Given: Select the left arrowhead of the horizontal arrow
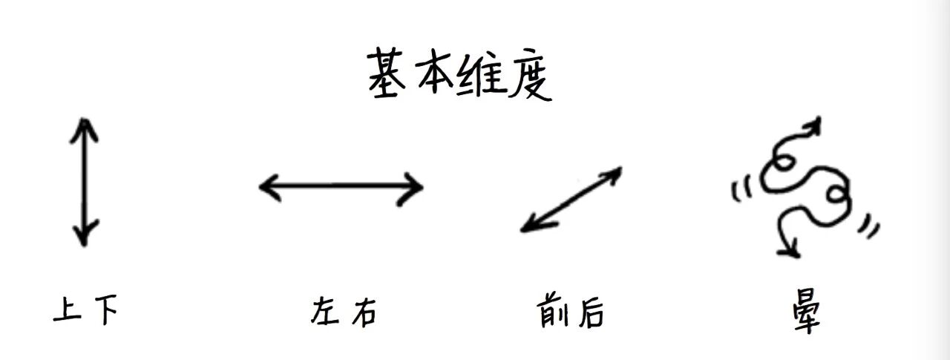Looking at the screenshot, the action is (x=267, y=186).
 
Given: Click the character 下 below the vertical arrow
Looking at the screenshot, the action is (x=106, y=310).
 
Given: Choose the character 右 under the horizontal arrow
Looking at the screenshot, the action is (x=363, y=312).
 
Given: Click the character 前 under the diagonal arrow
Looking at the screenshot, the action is (x=551, y=312).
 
